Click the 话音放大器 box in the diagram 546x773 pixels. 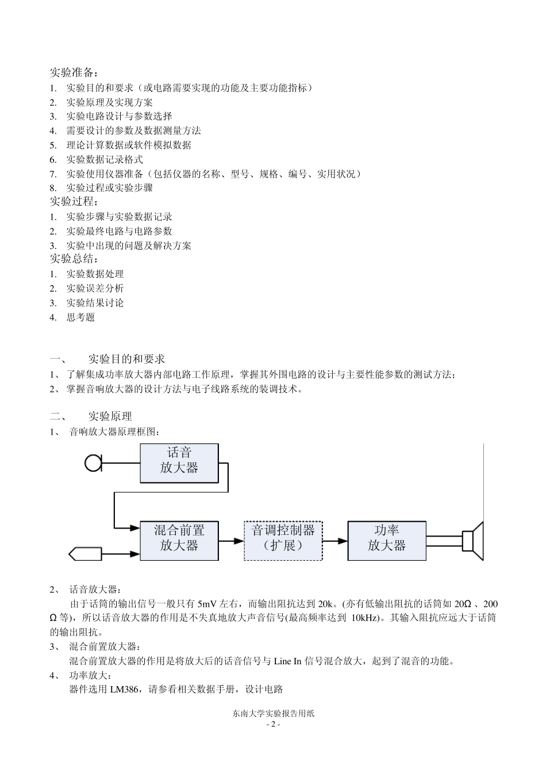click(x=179, y=462)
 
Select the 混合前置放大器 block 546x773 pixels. click(x=179, y=540)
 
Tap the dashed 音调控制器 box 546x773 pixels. click(x=283, y=540)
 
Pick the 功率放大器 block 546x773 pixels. click(x=387, y=540)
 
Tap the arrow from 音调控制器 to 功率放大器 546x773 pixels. click(x=335, y=541)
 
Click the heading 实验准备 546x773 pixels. click(x=74, y=73)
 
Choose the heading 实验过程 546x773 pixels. click(x=74, y=202)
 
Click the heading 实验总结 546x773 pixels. click(x=74, y=259)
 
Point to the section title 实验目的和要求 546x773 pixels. click(x=126, y=359)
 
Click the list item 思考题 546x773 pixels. click(x=80, y=317)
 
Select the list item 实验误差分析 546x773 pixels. click(x=95, y=288)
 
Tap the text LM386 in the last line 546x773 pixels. click(x=124, y=689)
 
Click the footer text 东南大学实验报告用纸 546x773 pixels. click(x=274, y=713)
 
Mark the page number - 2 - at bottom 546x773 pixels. click(x=274, y=725)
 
